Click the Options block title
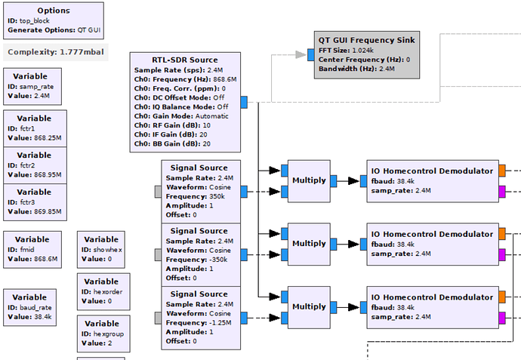53,11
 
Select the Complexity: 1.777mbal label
56,52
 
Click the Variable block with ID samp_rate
34,86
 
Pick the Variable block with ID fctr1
34,128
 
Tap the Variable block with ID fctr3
34,202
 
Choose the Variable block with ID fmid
34,250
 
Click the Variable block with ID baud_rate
34,307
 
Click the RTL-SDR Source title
184,60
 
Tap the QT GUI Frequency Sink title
366,39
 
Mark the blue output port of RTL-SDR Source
245,102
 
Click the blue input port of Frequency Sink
311,54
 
